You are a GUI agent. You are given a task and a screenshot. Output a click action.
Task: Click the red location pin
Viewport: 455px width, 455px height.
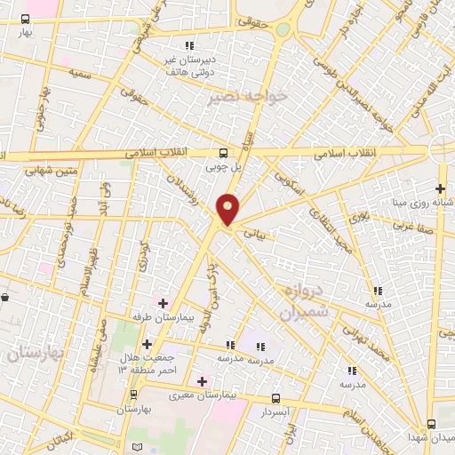click(x=228, y=208)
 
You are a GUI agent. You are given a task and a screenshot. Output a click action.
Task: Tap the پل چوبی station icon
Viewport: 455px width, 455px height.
click(x=222, y=152)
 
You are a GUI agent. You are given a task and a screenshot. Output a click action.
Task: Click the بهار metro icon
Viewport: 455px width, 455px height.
click(x=27, y=19)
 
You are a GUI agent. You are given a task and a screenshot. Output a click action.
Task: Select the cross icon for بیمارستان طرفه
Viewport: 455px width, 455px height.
click(x=162, y=303)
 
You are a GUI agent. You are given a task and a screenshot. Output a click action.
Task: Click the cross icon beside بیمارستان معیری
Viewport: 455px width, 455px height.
click(x=202, y=381)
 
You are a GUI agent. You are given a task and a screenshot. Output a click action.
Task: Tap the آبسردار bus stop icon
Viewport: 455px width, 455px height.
click(x=275, y=398)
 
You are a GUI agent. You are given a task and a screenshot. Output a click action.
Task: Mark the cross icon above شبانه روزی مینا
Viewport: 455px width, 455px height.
click(x=441, y=188)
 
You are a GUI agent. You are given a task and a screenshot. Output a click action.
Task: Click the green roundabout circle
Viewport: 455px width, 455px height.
click(x=283, y=29)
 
